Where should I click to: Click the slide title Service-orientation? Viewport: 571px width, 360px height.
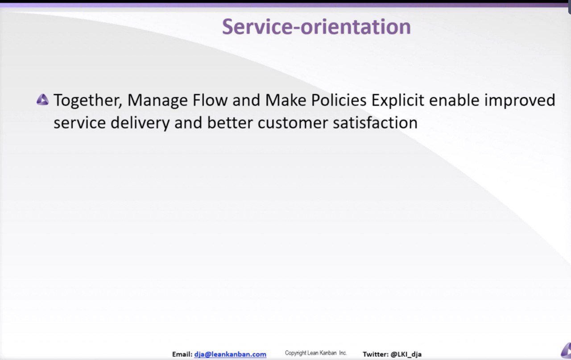pyautogui.click(x=316, y=27)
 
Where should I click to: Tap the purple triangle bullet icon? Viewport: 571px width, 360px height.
pyautogui.click(x=42, y=99)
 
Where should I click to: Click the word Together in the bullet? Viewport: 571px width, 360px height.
pyautogui.click(x=88, y=100)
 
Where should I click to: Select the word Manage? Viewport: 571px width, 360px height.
pyautogui.click(x=157, y=101)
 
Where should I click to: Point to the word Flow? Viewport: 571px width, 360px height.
pyautogui.click(x=210, y=100)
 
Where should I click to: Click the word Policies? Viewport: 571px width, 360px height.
pyautogui.click(x=339, y=100)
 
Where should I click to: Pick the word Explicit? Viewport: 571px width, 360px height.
pyautogui.click(x=397, y=101)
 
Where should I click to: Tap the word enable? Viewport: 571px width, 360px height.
pyautogui.click(x=454, y=100)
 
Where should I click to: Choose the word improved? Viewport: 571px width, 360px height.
pyautogui.click(x=520, y=101)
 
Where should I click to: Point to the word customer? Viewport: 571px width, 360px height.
pyautogui.click(x=292, y=123)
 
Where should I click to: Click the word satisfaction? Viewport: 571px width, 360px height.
pyautogui.click(x=375, y=123)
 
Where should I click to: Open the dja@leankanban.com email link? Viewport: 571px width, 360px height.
pyautogui.click(x=230, y=354)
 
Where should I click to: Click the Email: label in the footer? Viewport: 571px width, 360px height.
pyautogui.click(x=182, y=354)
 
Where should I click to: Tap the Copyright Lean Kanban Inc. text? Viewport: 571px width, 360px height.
pyautogui.click(x=316, y=353)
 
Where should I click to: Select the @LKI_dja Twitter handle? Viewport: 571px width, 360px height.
pyautogui.click(x=406, y=354)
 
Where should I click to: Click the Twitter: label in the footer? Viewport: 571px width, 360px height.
pyautogui.click(x=376, y=354)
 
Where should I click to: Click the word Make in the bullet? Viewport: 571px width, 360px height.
pyautogui.click(x=285, y=100)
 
